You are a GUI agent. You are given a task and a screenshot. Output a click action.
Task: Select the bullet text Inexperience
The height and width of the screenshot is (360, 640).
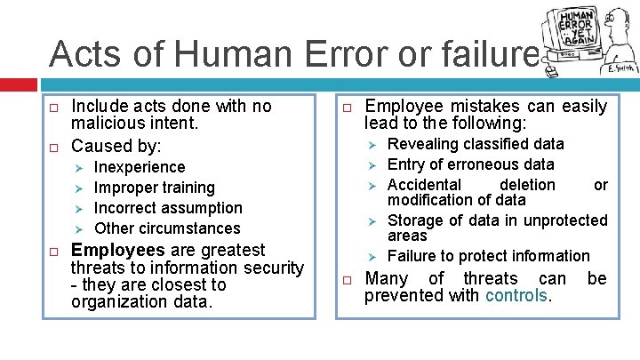click(140, 167)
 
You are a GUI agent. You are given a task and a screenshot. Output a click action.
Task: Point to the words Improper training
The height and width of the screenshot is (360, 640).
click(154, 188)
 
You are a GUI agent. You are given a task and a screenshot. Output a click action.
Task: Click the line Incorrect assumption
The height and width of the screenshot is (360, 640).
click(168, 208)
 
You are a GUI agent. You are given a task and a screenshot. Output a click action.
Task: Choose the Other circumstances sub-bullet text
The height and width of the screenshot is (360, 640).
click(167, 228)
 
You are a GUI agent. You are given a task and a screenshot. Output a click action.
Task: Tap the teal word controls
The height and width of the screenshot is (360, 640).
click(516, 296)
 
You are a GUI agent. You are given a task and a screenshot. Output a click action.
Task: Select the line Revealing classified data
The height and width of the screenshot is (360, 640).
click(476, 144)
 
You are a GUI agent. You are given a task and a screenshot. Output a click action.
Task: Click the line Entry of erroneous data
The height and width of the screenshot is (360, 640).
click(470, 164)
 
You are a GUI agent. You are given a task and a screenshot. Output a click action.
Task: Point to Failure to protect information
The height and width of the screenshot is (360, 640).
click(489, 256)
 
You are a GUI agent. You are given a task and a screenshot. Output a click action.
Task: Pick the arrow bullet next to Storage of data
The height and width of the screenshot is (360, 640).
click(374, 221)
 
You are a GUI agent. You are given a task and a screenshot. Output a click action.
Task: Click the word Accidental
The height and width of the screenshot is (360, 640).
click(424, 185)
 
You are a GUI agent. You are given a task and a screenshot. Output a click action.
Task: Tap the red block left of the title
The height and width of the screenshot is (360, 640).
click(19, 85)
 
